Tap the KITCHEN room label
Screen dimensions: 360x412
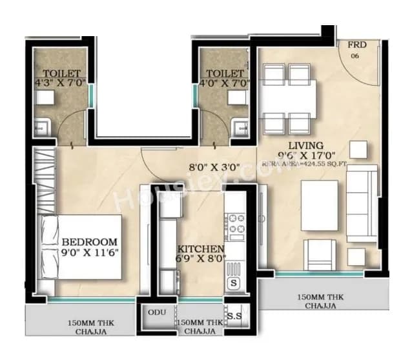[x=201, y=249]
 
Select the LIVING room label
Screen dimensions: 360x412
[x=305, y=145]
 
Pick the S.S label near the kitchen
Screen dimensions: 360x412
[x=234, y=316]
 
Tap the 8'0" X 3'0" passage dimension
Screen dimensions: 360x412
[x=214, y=167]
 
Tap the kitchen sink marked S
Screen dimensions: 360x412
[x=233, y=283]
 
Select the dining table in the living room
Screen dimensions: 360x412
[x=288, y=98]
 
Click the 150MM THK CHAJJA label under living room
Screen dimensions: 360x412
[x=317, y=301]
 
